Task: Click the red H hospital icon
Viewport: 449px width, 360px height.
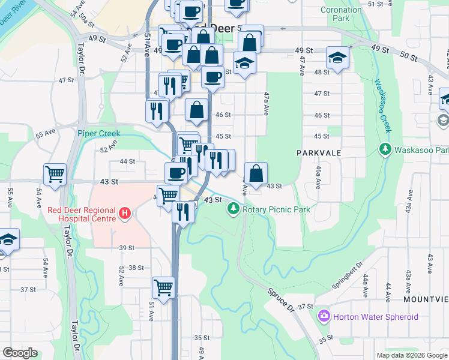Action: [x=125, y=213]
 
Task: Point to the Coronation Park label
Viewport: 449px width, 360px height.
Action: [x=341, y=14]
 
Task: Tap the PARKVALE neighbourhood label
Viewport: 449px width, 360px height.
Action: [x=318, y=153]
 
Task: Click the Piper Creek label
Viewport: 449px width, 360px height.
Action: [x=98, y=133]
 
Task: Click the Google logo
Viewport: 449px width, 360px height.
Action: [x=20, y=353]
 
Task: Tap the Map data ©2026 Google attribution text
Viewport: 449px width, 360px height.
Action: [x=411, y=355]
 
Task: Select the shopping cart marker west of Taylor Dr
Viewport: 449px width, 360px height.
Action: [x=55, y=174]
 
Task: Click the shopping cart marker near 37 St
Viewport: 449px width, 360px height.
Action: [x=163, y=287]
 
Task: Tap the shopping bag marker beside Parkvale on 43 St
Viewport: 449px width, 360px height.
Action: [x=256, y=173]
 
